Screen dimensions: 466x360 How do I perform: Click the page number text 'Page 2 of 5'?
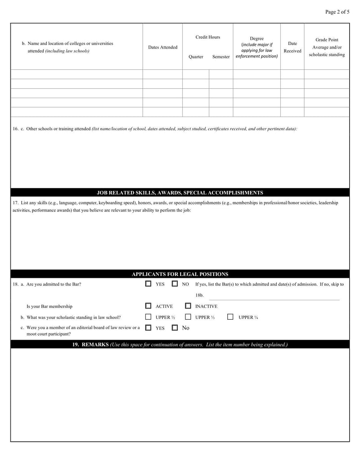(337, 12)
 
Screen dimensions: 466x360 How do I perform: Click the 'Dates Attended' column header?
(162, 47)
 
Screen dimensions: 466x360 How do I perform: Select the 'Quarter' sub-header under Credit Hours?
(196, 57)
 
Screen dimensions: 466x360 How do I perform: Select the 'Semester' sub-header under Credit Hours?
(221, 57)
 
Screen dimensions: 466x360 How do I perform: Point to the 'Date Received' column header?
(292, 47)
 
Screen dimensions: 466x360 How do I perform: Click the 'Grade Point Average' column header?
(327, 47)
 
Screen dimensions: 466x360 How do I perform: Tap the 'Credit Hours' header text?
(207, 37)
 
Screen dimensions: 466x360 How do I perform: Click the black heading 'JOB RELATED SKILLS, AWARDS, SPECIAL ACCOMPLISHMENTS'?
(180, 192)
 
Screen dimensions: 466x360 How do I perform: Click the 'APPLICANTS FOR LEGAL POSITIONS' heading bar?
(180, 274)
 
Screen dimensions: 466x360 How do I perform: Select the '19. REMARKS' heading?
(180, 344)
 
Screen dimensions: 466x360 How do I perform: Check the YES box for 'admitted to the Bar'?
(148, 284)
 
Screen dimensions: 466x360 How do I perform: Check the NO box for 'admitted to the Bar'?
(175, 284)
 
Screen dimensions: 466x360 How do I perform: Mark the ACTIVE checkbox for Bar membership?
(148, 306)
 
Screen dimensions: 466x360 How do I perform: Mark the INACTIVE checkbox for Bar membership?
(188, 306)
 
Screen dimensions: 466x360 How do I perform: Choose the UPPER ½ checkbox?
(148, 317)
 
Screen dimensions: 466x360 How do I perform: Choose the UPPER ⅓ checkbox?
(188, 317)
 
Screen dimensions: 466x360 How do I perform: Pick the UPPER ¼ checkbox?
(230, 317)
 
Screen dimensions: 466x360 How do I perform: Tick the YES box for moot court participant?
(148, 328)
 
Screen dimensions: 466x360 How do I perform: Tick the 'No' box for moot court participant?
(175, 328)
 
